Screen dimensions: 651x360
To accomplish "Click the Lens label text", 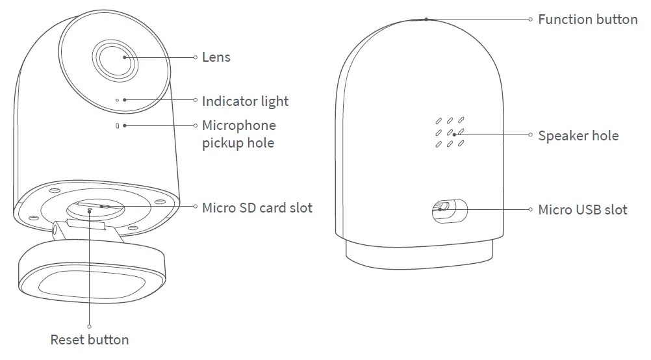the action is (216, 57).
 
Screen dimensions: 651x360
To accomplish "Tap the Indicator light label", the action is (245, 101).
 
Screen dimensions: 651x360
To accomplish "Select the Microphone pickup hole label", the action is (238, 134).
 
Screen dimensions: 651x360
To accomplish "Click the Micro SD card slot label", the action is (257, 208).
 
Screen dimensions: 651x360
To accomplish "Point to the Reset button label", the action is (90, 340).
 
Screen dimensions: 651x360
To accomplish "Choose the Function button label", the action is (587, 19).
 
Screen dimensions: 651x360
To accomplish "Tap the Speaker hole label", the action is (578, 136).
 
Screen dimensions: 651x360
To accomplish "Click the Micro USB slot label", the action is (583, 209).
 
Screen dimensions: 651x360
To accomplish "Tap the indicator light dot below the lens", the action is (117, 100).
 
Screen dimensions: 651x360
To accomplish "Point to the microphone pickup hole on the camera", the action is (117, 125).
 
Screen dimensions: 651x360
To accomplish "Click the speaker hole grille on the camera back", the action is (449, 133).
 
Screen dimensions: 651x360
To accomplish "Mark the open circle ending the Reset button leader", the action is (89, 326).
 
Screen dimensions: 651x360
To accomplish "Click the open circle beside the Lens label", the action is (195, 57).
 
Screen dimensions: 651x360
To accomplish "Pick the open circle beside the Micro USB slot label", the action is (531, 209).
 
